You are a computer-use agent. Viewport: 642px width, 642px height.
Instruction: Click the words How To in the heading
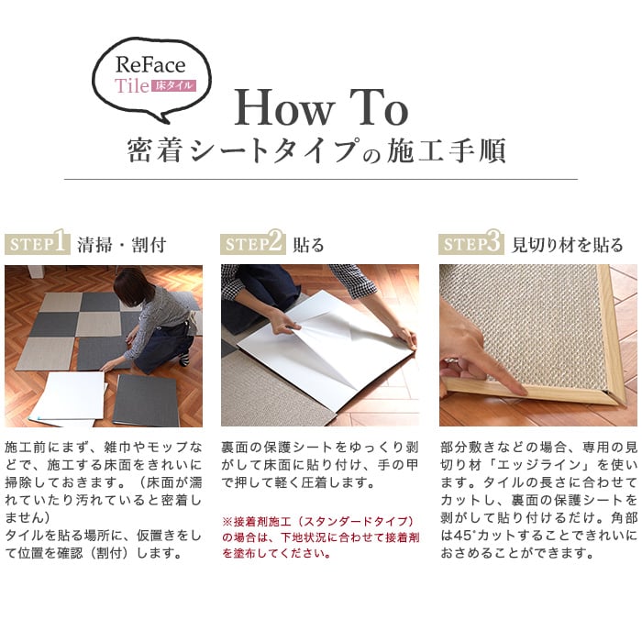pyautogui.click(x=321, y=107)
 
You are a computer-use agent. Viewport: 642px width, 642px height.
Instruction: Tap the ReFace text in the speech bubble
pyautogui.click(x=150, y=65)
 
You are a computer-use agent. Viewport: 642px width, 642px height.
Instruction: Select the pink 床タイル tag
pyautogui.click(x=173, y=85)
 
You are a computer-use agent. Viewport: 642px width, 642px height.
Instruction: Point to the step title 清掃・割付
pyautogui.click(x=122, y=245)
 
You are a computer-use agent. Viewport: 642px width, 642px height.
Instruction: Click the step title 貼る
pyautogui.click(x=308, y=245)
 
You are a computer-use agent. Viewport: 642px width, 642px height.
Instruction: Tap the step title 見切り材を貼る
pyautogui.click(x=568, y=245)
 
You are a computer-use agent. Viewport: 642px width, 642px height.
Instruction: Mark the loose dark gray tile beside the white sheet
pyautogui.click(x=146, y=400)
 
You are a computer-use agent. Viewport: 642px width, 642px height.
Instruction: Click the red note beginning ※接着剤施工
pyautogui.click(x=321, y=537)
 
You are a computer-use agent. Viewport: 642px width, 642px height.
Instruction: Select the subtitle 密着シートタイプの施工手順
pyautogui.click(x=316, y=151)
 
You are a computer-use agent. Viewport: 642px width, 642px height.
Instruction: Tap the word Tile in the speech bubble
pyautogui.click(x=132, y=85)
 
